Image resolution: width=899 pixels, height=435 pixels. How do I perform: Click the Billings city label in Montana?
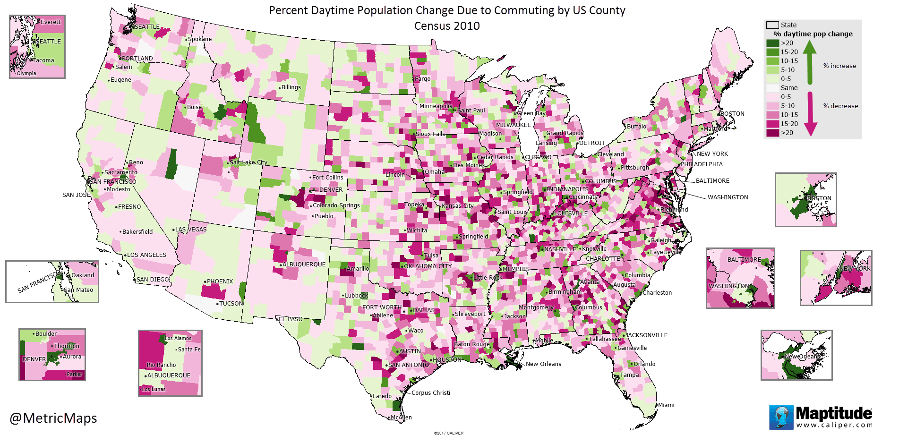(291, 87)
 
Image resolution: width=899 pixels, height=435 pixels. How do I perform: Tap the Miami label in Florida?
(666, 405)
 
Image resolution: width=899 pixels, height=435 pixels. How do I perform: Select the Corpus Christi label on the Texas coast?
(430, 393)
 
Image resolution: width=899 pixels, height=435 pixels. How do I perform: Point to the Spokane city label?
(200, 39)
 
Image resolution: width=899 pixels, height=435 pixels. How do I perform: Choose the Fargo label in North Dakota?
(423, 79)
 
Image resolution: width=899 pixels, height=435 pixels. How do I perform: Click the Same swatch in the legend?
(772, 88)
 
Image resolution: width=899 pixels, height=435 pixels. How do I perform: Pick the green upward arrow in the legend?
(810, 61)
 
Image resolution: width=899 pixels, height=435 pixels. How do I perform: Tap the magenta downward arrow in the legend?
(810, 113)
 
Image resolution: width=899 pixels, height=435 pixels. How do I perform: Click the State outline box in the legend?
(772, 25)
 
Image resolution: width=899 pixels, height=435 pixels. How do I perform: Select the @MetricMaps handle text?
(53, 418)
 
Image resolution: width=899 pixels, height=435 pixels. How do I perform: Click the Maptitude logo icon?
(781, 417)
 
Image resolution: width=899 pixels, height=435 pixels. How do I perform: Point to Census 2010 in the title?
(447, 26)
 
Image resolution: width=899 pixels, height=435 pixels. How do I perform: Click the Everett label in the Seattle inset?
(51, 22)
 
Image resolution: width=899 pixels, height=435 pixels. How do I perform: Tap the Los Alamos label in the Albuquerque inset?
(178, 338)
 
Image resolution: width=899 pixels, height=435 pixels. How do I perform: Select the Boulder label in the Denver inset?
(46, 334)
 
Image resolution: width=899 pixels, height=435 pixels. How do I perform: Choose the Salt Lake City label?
(248, 162)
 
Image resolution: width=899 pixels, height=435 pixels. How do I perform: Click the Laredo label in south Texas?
(382, 396)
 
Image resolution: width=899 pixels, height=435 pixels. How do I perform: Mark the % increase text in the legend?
(839, 66)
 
